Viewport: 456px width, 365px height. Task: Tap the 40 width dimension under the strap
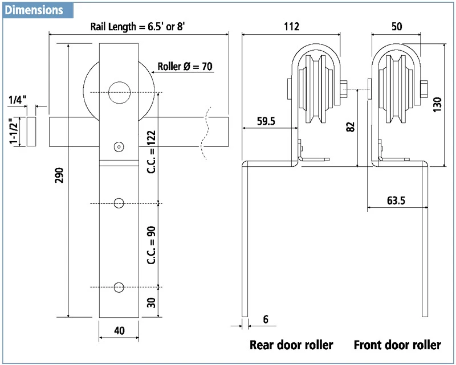click(x=119, y=330)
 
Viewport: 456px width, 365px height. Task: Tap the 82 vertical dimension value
click(x=351, y=126)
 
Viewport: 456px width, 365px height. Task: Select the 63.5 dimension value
click(x=396, y=200)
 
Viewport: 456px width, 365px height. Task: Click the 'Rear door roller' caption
click(x=291, y=345)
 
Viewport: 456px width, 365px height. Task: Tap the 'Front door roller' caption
click(x=397, y=345)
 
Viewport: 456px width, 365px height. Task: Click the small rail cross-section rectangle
click(x=31, y=132)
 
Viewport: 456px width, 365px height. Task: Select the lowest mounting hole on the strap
click(x=119, y=286)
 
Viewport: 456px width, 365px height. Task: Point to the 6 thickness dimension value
click(x=266, y=321)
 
